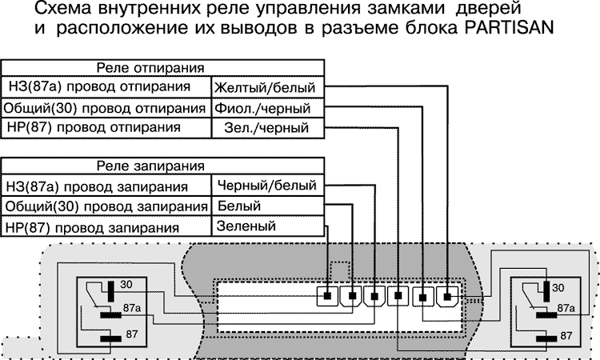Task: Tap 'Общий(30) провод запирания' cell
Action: pyautogui.click(x=107, y=207)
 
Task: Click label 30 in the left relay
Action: pyautogui.click(x=126, y=284)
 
